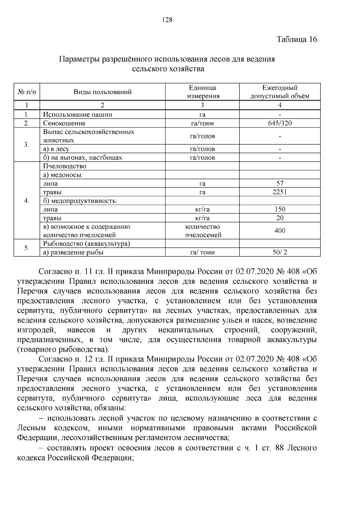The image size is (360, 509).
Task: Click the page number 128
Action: [x=167, y=20]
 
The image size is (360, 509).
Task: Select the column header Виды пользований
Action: [x=103, y=92]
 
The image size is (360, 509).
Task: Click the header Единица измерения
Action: [x=202, y=92]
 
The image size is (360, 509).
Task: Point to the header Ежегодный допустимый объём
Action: [x=280, y=92]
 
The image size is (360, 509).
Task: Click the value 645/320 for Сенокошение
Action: [x=280, y=123]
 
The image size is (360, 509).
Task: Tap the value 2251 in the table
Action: [x=280, y=192]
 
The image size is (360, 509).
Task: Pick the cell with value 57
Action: [x=280, y=183]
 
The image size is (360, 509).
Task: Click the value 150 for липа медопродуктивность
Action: [x=280, y=209]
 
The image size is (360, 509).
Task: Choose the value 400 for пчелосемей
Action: [x=280, y=231]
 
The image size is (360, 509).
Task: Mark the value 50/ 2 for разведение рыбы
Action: [x=280, y=252]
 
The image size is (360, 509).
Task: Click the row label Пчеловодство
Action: [x=64, y=166]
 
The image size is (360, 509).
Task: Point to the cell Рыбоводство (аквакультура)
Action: [x=86, y=244]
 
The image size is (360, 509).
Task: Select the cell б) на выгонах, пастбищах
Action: [x=82, y=157]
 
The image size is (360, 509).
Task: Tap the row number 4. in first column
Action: [x=27, y=200]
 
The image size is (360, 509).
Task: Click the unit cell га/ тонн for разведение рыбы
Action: [x=202, y=252]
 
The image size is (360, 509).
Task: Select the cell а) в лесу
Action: [x=56, y=149]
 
